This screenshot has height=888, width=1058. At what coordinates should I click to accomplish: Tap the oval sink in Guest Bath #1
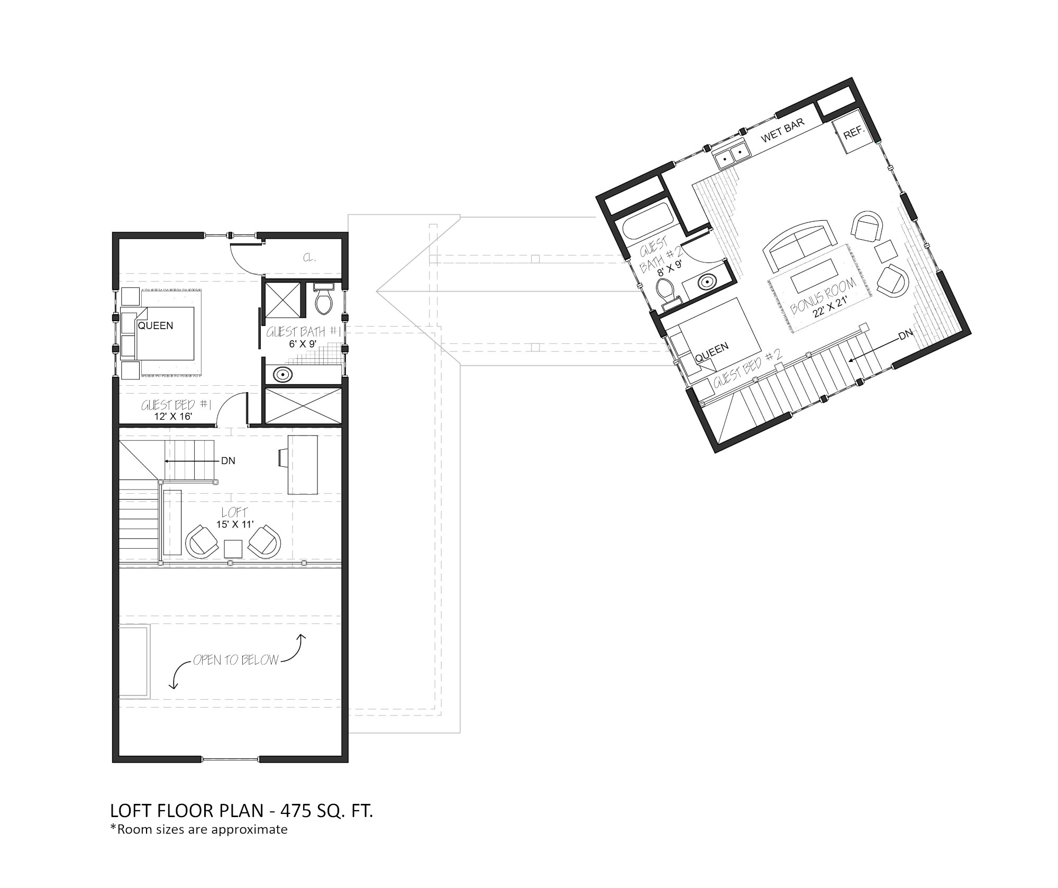[284, 375]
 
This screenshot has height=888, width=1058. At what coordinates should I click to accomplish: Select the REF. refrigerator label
[853, 133]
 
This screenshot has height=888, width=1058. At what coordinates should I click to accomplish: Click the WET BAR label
[782, 130]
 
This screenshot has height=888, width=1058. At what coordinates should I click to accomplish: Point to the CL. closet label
[309, 258]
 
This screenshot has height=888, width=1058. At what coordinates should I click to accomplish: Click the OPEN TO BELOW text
[235, 660]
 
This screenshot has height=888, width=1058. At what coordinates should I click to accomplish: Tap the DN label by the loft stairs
[228, 461]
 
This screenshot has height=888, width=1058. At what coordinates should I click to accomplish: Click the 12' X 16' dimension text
[173, 416]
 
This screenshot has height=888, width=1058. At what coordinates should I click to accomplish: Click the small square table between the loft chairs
[233, 549]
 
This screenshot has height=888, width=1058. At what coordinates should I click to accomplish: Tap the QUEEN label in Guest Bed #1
[156, 325]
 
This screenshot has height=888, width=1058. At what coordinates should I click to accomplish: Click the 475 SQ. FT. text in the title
[327, 811]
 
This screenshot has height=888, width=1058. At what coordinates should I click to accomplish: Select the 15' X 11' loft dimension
[235, 524]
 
